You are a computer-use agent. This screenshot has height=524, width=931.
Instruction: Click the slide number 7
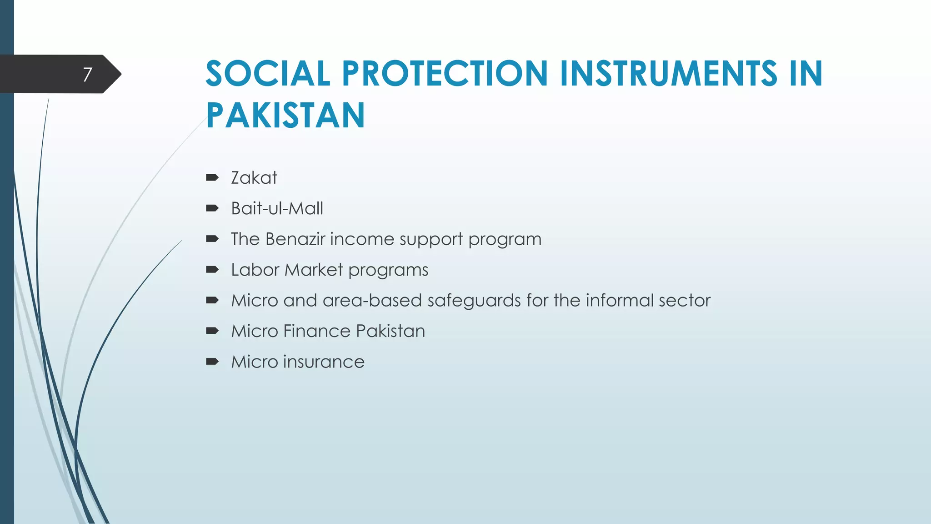click(x=87, y=74)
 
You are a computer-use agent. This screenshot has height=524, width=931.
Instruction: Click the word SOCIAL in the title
click(x=268, y=73)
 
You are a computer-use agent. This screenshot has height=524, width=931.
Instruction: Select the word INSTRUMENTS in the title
click(x=668, y=73)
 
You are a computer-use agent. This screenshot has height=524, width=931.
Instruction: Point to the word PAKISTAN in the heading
click(x=285, y=115)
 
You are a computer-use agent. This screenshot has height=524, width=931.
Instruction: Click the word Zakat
click(x=254, y=178)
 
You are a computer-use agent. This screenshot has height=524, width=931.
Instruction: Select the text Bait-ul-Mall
click(x=277, y=208)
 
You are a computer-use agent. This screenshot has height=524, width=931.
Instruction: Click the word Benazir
click(x=295, y=239)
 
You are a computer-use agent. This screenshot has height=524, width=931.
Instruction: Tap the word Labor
click(x=255, y=270)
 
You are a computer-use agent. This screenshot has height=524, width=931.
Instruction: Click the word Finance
click(x=316, y=331)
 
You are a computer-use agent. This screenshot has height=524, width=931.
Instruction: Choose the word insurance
click(x=324, y=362)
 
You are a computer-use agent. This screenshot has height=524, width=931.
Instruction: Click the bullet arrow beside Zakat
click(x=212, y=178)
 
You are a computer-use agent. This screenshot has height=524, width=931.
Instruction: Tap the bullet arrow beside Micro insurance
click(x=212, y=362)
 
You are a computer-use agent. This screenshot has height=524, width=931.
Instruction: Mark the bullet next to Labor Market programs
click(x=212, y=270)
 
